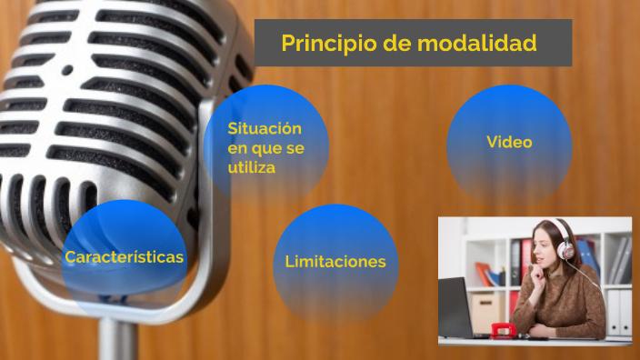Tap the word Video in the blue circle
pyautogui.click(x=509, y=142)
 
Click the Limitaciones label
pyautogui.click(x=335, y=262)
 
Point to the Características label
pyautogui.click(x=125, y=257)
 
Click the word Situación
pyautogui.click(x=265, y=128)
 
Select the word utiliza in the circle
pyautogui.click(x=252, y=167)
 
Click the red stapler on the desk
pyautogui.click(x=504, y=331)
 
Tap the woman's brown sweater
pyautogui.click(x=564, y=305)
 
